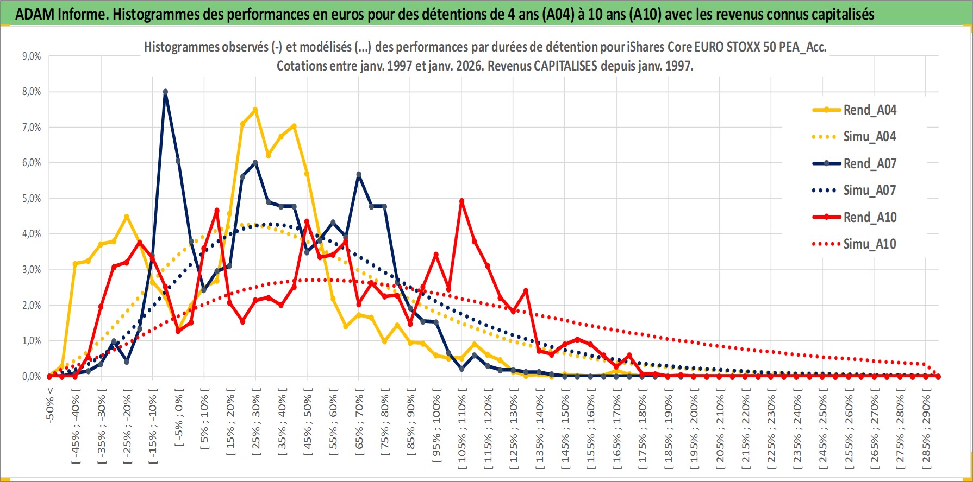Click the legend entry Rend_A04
click(x=869, y=110)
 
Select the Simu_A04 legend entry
click(x=869, y=137)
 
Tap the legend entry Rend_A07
click(x=869, y=163)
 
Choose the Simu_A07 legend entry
click(x=869, y=191)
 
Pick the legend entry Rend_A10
click(x=869, y=217)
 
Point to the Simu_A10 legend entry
click(x=869, y=244)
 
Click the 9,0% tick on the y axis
click(x=31, y=56)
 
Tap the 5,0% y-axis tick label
click(x=31, y=199)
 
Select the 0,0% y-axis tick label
click(x=31, y=376)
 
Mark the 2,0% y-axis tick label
click(x=31, y=305)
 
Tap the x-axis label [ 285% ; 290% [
click(x=926, y=426)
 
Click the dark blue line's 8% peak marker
click(x=165, y=92)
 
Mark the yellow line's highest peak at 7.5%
click(x=255, y=110)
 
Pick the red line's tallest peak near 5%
click(x=461, y=201)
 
